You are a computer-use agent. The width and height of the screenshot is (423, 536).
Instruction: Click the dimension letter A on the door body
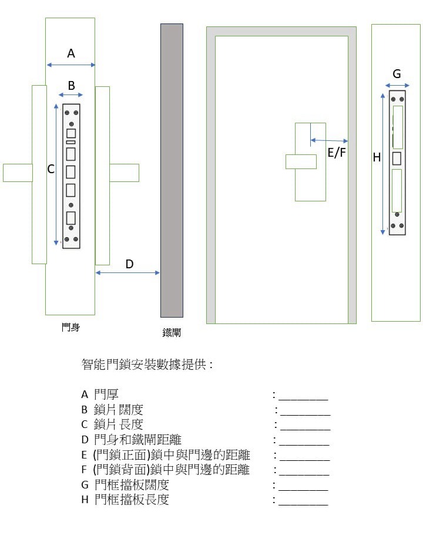tap(71, 53)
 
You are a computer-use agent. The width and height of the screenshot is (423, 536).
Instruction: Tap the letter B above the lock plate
tap(71, 85)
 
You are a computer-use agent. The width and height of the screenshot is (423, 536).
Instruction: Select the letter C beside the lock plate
tap(51, 169)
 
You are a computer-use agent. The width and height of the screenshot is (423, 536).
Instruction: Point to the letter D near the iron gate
tap(129, 264)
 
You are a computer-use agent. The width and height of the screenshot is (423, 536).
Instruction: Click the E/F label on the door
tap(337, 153)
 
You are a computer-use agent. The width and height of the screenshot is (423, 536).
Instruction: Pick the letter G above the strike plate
tap(397, 74)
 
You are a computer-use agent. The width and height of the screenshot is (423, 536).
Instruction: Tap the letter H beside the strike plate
tap(377, 157)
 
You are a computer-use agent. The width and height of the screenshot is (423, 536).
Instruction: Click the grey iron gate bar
tap(172, 170)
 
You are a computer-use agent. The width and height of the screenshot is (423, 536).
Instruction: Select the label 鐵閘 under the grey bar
tap(172, 333)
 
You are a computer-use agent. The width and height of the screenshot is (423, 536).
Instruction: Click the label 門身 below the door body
tap(70, 327)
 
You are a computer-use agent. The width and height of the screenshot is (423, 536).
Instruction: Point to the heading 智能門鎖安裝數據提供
tap(146, 365)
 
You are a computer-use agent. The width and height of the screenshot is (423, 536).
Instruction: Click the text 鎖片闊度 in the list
tap(118, 409)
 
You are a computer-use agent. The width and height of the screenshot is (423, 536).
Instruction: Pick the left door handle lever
tap(18, 173)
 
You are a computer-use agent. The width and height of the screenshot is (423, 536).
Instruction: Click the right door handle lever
tap(124, 173)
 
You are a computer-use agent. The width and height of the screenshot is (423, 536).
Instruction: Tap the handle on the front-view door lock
tap(301, 161)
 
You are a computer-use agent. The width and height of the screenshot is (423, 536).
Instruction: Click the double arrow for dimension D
tap(127, 273)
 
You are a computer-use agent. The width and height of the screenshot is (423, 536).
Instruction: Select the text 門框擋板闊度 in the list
tap(132, 485)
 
